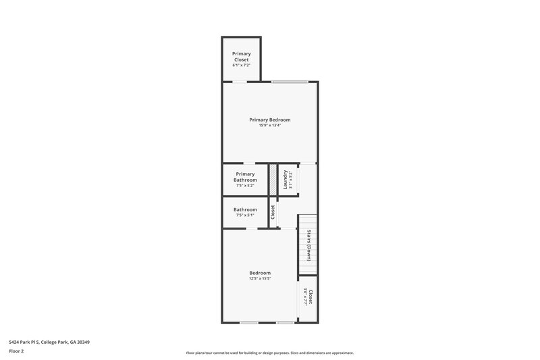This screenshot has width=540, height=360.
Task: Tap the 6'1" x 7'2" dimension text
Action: tap(241, 66)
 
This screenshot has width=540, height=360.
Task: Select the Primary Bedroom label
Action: tap(269, 120)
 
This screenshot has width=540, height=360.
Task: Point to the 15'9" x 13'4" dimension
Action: tap(269, 126)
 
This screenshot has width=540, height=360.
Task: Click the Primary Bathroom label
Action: tap(245, 177)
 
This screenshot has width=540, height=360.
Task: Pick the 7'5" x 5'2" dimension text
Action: tap(245, 186)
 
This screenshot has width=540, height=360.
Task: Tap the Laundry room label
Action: tap(286, 179)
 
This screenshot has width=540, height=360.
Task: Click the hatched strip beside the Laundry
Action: tap(273, 180)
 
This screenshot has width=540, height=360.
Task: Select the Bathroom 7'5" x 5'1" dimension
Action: tap(245, 216)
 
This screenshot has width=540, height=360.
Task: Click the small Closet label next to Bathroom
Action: tap(273, 212)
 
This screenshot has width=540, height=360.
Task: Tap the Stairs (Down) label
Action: tap(308, 245)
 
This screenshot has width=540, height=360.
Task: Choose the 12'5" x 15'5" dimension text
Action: tap(260, 279)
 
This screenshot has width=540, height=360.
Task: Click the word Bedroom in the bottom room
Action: tap(260, 273)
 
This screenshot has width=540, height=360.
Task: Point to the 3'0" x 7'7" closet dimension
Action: tap(305, 298)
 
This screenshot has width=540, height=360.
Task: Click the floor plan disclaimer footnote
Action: tap(269, 353)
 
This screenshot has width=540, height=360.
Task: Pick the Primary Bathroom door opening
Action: tap(249, 163)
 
